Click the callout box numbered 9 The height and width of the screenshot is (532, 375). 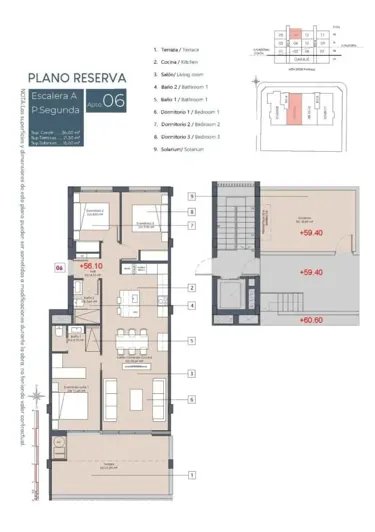tap(190, 198)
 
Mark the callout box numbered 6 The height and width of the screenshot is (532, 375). tap(190, 398)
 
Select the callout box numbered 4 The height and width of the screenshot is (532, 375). tap(190, 305)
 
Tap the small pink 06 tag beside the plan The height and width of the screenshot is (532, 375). tap(59, 268)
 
